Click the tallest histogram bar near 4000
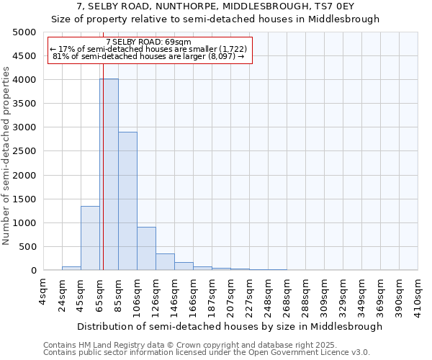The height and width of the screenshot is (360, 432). (x=109, y=174)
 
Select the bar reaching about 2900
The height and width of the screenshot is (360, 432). (x=127, y=201)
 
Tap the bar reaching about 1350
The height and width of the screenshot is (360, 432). (x=90, y=238)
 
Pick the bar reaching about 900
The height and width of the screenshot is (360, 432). (x=146, y=248)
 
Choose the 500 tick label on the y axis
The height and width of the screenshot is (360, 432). (x=27, y=247)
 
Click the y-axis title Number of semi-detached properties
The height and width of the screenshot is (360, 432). (x=7, y=156)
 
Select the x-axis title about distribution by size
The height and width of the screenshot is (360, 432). (x=229, y=326)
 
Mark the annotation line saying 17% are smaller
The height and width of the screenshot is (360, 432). (x=148, y=49)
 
